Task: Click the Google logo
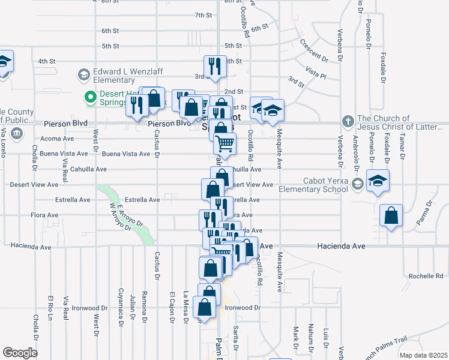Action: click(x=20, y=353)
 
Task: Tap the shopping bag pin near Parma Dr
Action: click(x=391, y=216)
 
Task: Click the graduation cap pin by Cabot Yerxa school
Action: click(x=378, y=180)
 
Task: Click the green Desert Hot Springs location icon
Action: click(x=91, y=97)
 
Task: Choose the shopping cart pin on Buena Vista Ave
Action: click(x=224, y=143)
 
